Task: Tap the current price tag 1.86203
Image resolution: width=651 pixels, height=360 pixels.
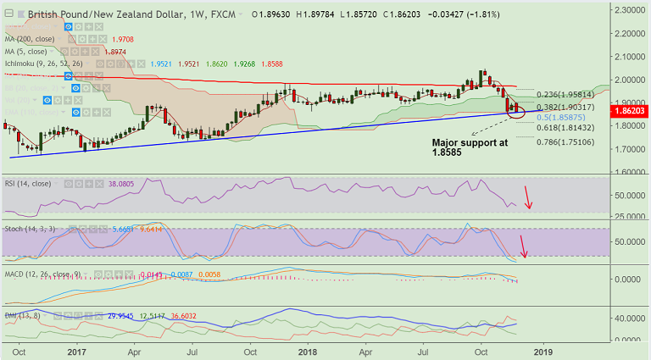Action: click(x=631, y=110)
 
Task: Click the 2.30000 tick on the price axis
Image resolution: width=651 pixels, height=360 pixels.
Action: click(x=630, y=9)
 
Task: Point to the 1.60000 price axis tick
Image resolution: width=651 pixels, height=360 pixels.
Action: click(x=630, y=171)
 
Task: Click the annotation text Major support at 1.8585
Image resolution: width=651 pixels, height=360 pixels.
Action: click(x=470, y=148)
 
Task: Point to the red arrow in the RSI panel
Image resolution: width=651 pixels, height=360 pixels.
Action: click(x=529, y=197)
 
